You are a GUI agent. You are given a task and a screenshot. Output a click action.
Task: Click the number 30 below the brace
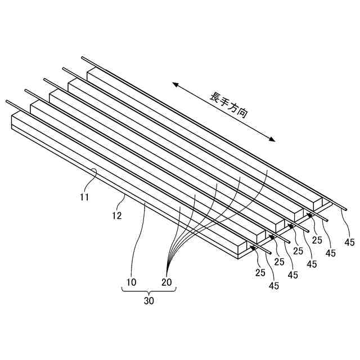[148, 300]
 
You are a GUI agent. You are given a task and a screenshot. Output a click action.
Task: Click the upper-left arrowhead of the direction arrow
[175, 84]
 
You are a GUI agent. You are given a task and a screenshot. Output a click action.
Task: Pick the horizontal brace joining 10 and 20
[149, 290]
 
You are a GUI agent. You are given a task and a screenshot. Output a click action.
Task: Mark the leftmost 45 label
[274, 286]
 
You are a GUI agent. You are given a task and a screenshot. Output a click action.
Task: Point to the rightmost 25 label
[317, 240]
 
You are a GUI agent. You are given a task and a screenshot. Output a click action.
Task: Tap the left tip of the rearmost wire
[83, 57]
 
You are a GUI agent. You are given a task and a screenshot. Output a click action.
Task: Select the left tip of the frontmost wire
[7, 101]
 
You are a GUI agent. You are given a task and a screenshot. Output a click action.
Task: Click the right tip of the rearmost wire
[346, 209]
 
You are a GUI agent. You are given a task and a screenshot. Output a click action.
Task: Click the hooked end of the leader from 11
[96, 170]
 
